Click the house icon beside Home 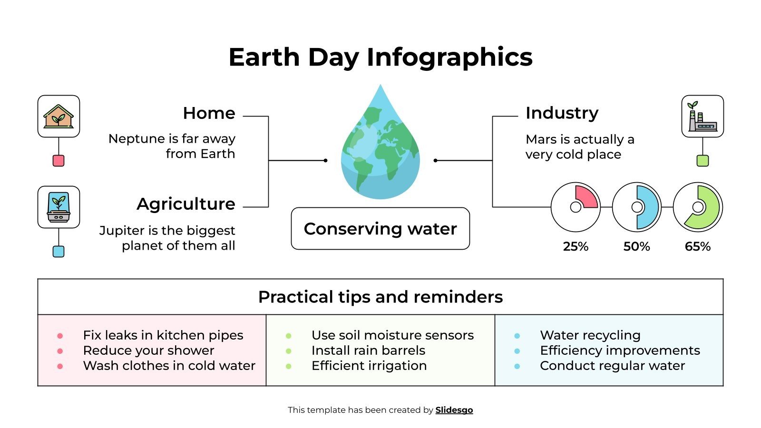click(59, 117)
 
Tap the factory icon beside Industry click(702, 117)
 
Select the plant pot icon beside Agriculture click(59, 207)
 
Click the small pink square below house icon click(59, 161)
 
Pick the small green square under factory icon click(702, 161)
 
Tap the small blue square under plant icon click(59, 252)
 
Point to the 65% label click(698, 246)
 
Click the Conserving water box click(380, 229)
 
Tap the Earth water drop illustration click(380, 147)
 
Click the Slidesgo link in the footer click(454, 410)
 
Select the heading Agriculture click(185, 204)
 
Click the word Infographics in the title click(449, 58)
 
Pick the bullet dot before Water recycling click(517, 336)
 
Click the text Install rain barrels click(368, 350)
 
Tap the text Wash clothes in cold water click(169, 366)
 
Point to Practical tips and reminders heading click(380, 297)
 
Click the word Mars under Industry click(541, 139)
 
